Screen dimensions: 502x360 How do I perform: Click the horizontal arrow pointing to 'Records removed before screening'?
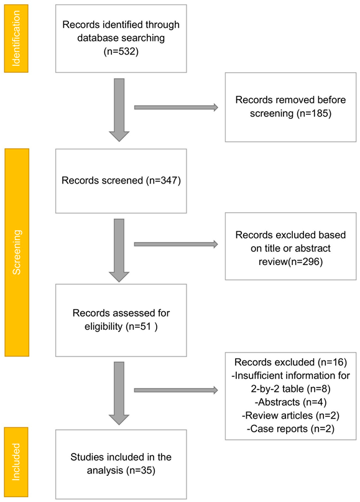176,108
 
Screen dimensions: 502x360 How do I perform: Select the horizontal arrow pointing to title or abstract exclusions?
176,243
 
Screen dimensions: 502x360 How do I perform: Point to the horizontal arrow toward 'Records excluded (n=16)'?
176,391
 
